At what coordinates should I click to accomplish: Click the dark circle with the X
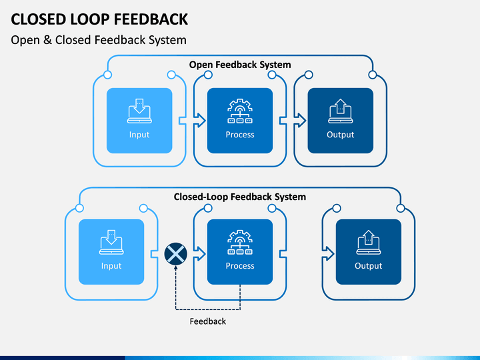(x=176, y=254)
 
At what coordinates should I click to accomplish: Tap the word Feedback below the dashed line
(x=208, y=321)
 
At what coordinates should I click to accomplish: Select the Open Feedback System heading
(x=240, y=65)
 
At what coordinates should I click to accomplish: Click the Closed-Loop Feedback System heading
(x=240, y=197)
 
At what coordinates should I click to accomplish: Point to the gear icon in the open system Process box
(x=240, y=111)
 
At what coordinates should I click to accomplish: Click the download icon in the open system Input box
(x=139, y=111)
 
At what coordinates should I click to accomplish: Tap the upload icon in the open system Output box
(x=341, y=111)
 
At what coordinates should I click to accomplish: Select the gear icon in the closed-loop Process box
(x=240, y=242)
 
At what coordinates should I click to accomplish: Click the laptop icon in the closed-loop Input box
(x=111, y=242)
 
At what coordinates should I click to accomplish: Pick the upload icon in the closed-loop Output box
(x=369, y=242)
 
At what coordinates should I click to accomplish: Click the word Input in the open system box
(x=139, y=135)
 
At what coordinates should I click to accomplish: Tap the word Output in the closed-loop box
(x=369, y=266)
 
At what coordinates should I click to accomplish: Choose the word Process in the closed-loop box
(x=240, y=266)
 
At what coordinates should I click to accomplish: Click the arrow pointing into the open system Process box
(x=199, y=120)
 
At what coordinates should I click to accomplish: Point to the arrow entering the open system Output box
(x=300, y=120)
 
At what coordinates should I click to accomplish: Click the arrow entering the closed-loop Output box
(x=328, y=254)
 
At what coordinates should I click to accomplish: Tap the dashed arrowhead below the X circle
(x=176, y=268)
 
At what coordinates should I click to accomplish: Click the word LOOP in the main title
(x=90, y=19)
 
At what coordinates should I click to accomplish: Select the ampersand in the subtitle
(x=47, y=40)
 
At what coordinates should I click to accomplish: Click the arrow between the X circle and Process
(x=199, y=254)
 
